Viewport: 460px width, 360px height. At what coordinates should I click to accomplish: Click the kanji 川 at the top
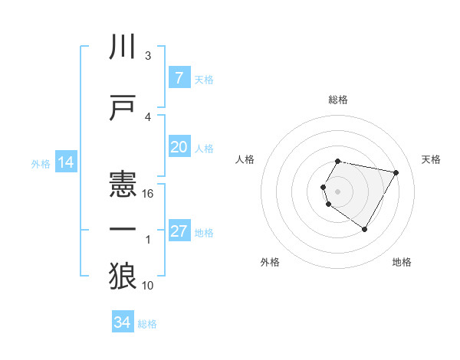[x=123, y=47]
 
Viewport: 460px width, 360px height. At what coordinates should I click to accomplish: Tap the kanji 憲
[x=123, y=185]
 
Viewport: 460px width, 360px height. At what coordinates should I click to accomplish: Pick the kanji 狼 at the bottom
[x=123, y=276]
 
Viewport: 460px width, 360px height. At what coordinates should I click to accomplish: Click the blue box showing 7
[x=179, y=78]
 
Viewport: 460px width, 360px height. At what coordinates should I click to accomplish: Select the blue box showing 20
[x=179, y=147]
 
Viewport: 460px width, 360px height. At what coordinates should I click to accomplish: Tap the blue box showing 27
[x=179, y=231]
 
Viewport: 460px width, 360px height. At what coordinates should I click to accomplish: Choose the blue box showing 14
[x=65, y=162]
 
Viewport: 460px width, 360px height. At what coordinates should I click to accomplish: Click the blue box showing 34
[x=122, y=323]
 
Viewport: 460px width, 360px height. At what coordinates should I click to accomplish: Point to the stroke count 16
[x=148, y=194]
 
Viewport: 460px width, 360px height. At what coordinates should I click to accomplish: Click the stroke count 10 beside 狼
[x=148, y=286]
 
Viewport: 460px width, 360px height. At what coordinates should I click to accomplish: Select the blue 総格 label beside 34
[x=147, y=324]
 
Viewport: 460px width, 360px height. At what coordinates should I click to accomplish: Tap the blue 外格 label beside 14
[x=41, y=163]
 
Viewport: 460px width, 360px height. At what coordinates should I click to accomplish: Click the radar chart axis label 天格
[x=432, y=159]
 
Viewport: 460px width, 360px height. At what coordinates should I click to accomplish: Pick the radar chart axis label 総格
[x=338, y=100]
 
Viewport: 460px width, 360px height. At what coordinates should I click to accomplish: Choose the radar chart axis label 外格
[x=270, y=262]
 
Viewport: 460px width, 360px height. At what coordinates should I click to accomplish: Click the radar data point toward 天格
[x=396, y=173]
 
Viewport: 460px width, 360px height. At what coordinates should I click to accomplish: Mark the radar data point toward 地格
[x=364, y=229]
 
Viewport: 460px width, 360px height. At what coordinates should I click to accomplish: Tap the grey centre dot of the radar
[x=338, y=191]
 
